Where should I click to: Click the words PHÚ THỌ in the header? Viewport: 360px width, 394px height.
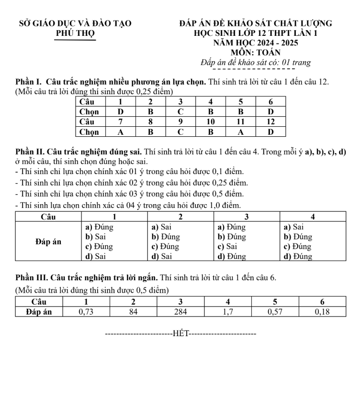point(75,33)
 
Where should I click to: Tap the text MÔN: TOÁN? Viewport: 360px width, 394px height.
point(255,52)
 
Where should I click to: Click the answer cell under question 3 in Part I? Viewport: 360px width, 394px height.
point(180,111)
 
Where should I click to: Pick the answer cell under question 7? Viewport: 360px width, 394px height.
point(121,131)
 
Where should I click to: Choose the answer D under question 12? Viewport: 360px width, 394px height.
point(270,131)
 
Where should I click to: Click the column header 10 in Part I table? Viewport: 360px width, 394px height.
point(210,121)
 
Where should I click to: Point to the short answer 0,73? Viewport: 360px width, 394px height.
point(86,312)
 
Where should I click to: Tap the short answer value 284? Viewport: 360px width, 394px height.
point(180,312)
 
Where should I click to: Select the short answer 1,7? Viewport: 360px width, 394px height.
point(228,312)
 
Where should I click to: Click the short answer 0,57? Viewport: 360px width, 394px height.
point(275,312)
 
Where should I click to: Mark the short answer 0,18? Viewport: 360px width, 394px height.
point(322,312)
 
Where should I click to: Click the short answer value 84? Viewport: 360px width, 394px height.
point(134,312)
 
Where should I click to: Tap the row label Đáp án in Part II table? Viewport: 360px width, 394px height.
point(48,241)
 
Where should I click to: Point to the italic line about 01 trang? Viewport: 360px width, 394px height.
point(256,62)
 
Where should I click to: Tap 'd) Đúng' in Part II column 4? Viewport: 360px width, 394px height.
point(298,256)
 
